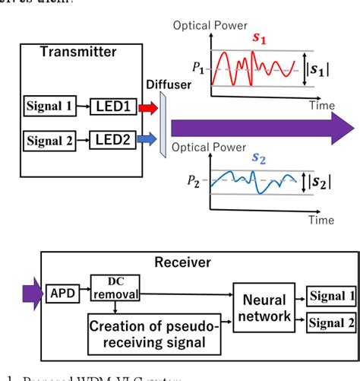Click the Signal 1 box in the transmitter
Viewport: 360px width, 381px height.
[x=49, y=106]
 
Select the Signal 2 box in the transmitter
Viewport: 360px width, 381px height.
[x=49, y=139]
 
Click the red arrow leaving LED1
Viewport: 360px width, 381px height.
[x=148, y=107]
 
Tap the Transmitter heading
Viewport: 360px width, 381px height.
[x=80, y=52]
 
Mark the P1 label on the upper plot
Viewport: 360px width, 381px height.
[x=198, y=68]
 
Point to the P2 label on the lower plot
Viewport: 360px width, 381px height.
[x=198, y=183]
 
